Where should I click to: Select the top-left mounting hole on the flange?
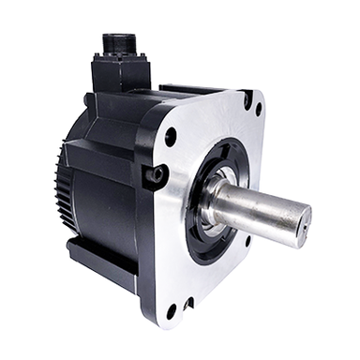click(x=171, y=136)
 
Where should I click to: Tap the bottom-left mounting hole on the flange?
click(x=172, y=309)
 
